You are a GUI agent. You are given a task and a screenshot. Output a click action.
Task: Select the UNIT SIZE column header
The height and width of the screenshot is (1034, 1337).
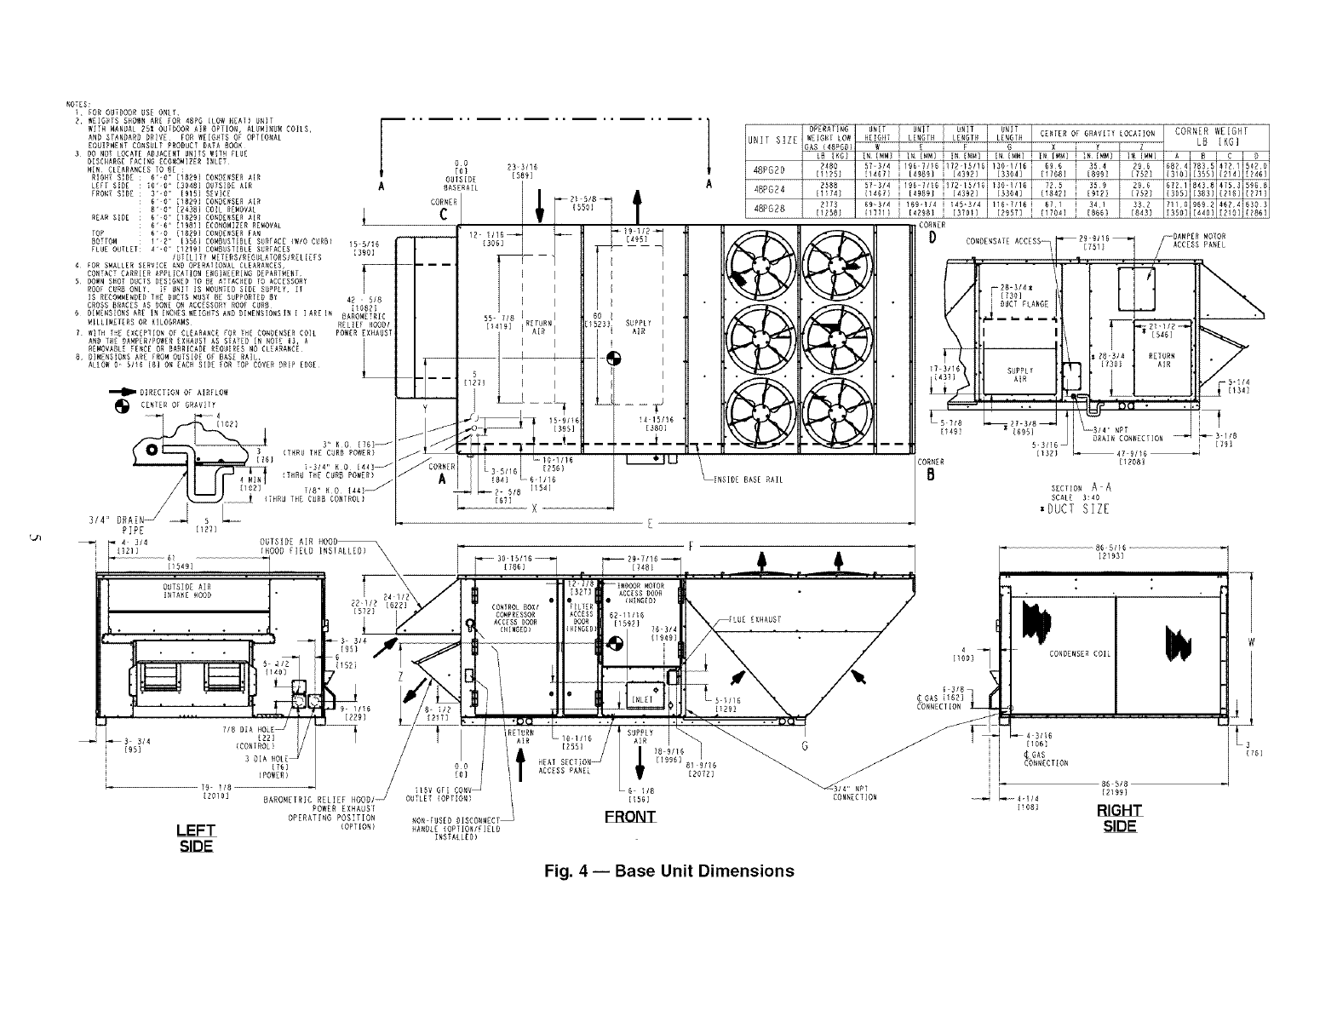pyautogui.click(x=772, y=139)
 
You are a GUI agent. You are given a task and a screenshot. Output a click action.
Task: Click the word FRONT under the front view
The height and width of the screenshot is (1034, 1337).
pyautogui.click(x=630, y=818)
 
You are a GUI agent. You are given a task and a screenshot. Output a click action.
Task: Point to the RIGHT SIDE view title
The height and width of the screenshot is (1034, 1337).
pyautogui.click(x=1119, y=818)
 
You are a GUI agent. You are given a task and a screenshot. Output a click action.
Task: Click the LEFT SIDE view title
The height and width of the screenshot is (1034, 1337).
pyautogui.click(x=195, y=838)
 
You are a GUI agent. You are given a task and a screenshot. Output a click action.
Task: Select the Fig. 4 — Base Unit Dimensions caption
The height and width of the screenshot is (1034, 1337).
pyautogui.click(x=669, y=871)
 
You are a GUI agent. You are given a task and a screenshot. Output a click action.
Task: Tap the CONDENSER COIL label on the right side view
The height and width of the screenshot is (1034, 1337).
pyautogui.click(x=1080, y=654)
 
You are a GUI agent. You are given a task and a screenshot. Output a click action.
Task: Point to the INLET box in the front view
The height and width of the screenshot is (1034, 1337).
pyautogui.click(x=640, y=699)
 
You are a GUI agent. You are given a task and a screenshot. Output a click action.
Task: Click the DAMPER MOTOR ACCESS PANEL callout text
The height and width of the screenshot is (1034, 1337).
pyautogui.click(x=1198, y=240)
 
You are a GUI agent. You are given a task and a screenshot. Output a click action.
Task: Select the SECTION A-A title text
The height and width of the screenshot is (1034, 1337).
pyautogui.click(x=1081, y=488)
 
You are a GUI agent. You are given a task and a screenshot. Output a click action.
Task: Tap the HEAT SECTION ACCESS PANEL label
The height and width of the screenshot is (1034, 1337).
pyautogui.click(x=565, y=766)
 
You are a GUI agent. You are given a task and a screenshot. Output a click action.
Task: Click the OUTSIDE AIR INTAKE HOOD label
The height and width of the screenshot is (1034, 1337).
pyautogui.click(x=186, y=591)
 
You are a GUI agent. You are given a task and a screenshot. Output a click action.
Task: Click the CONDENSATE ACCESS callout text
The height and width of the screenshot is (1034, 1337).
pyautogui.click(x=1002, y=241)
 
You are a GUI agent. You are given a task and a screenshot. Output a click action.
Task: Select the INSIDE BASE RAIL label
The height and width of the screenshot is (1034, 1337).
pyautogui.click(x=749, y=480)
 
